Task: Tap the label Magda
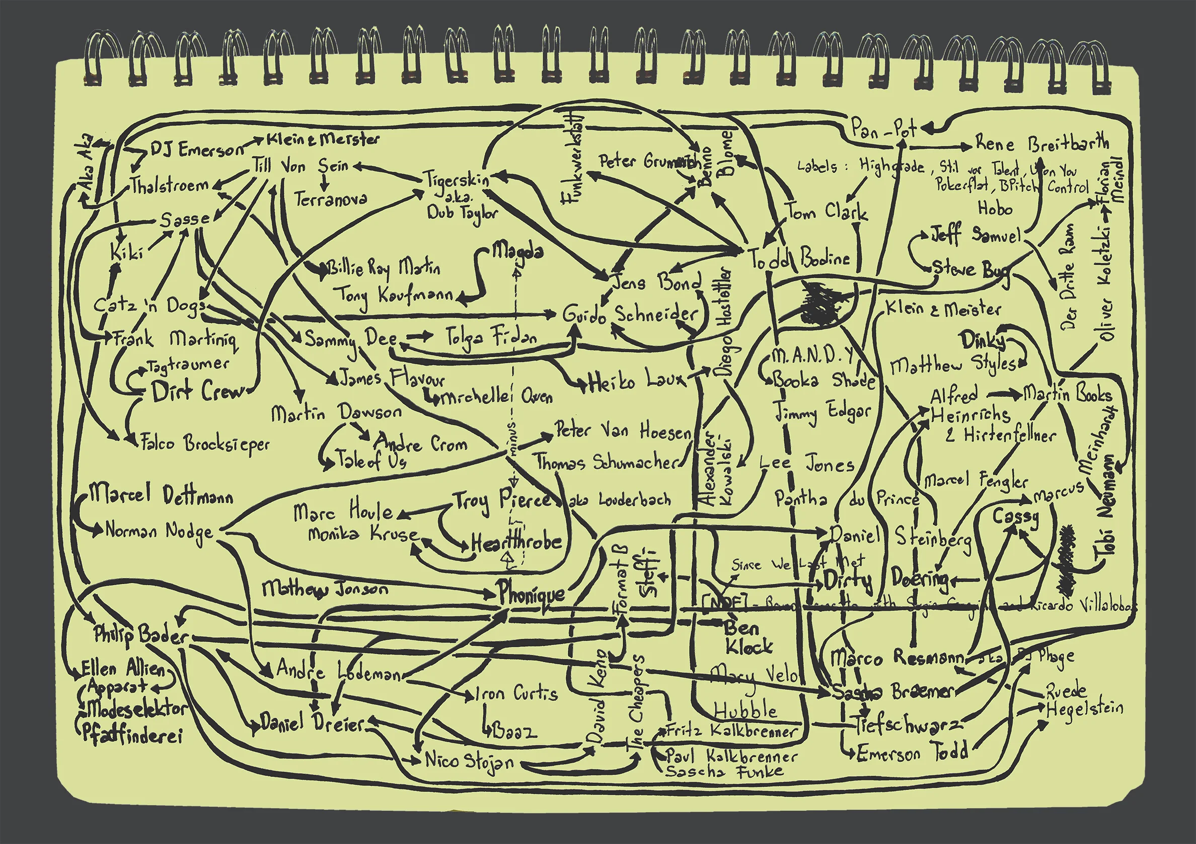pyautogui.click(x=518, y=252)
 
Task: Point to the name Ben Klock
pyautogui.click(x=748, y=637)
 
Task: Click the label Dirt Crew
pyautogui.click(x=198, y=391)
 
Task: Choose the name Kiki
pyautogui.click(x=126, y=252)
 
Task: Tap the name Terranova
pyautogui.click(x=330, y=199)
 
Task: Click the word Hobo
pyautogui.click(x=995, y=209)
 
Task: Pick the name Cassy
pyautogui.click(x=1015, y=517)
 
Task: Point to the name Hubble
pyautogui.click(x=745, y=710)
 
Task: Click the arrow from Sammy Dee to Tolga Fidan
pyautogui.click(x=421, y=336)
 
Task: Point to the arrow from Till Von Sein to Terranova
pyautogui.click(x=325, y=183)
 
